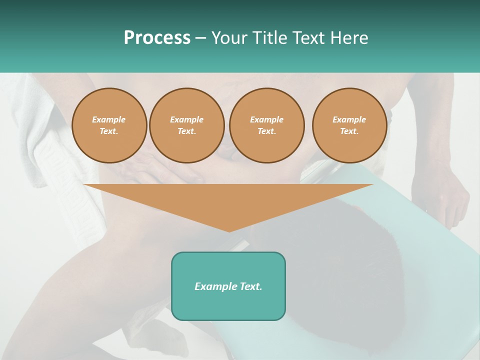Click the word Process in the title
point(157,38)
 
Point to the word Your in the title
point(229,38)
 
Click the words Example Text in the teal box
point(228,286)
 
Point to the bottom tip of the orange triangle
point(229,230)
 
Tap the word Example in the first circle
point(109,119)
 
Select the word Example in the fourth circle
point(349,119)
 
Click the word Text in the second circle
point(186,131)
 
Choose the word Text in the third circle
point(266,131)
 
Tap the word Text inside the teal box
point(250,286)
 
